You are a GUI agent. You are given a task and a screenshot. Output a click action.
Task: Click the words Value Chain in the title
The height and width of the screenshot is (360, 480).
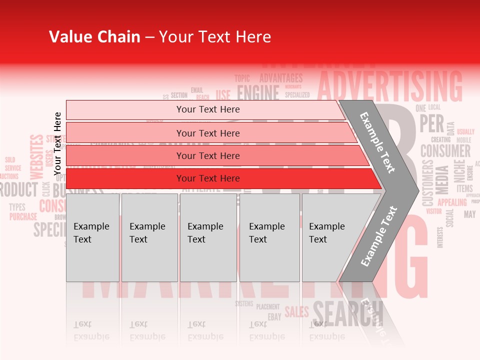[94, 37]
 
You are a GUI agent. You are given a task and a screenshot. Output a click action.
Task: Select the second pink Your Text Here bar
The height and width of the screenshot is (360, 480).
[208, 133]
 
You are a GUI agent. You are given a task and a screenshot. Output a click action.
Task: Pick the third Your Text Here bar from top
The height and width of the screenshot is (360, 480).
[208, 155]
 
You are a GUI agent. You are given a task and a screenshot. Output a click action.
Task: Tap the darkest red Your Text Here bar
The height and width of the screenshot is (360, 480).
[208, 178]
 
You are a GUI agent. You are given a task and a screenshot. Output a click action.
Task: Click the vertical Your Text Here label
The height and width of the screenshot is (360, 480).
[58, 143]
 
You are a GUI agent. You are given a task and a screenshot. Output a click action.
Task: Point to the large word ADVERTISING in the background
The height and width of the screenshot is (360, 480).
[390, 86]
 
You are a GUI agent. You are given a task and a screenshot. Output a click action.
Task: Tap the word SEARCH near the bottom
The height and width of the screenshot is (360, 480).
[348, 313]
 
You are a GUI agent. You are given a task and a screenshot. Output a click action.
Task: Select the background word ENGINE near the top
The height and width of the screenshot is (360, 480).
[258, 93]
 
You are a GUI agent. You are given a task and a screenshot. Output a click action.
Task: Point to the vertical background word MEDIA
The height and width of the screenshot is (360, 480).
[442, 179]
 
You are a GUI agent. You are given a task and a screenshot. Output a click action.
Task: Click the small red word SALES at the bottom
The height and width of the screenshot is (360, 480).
[296, 312]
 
